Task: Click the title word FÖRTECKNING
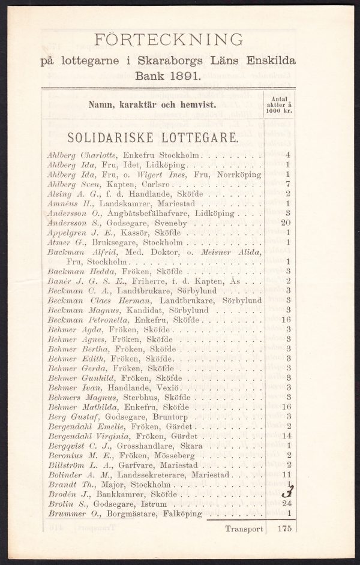[x=169, y=40]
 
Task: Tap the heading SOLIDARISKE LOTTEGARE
[x=152, y=137]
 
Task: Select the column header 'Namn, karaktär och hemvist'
[x=152, y=104]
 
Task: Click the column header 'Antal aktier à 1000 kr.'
[x=279, y=104]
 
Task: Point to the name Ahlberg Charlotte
[x=82, y=155]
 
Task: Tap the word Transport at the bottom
[x=244, y=529]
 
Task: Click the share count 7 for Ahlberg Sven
[x=289, y=184]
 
